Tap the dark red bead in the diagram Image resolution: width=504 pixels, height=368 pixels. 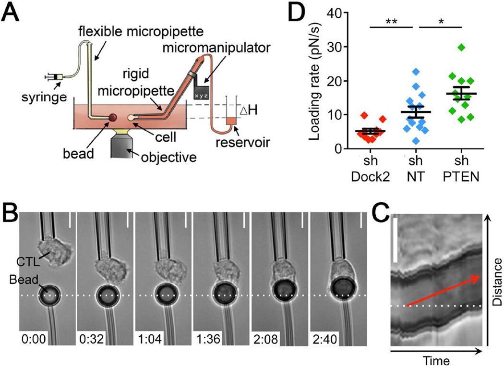pyautogui.click(x=112, y=118)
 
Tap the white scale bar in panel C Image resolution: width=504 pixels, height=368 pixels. pyautogui.click(x=396, y=240)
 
